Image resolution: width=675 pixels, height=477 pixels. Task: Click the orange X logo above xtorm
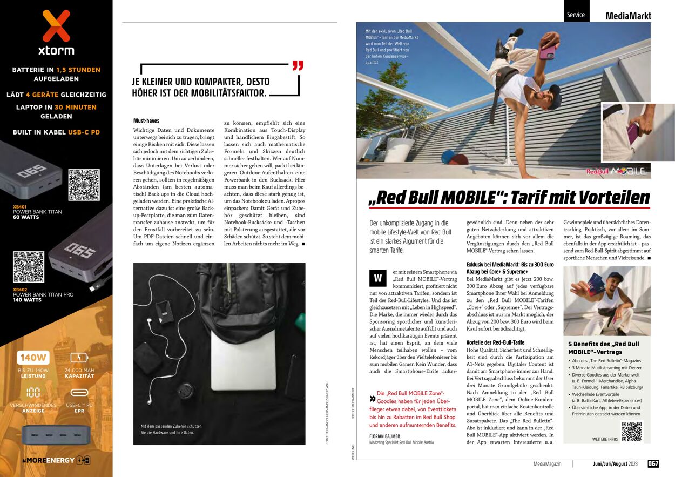[56, 25]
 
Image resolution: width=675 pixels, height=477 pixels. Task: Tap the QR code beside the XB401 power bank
[84, 185]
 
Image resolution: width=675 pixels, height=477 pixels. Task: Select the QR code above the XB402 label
[29, 267]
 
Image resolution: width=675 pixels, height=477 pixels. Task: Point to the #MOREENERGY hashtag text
[48, 460]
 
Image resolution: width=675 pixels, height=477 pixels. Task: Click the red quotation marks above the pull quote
[298, 66]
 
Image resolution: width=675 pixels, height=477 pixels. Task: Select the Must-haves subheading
[146, 120]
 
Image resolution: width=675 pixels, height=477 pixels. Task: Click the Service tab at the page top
[576, 15]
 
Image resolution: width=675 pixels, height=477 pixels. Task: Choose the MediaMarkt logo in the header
[628, 16]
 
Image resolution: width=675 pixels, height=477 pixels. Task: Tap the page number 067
[653, 463]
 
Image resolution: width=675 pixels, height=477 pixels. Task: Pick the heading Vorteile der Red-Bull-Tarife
[495, 342]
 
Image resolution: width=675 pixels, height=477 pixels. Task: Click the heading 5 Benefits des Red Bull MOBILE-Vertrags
[603, 348]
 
